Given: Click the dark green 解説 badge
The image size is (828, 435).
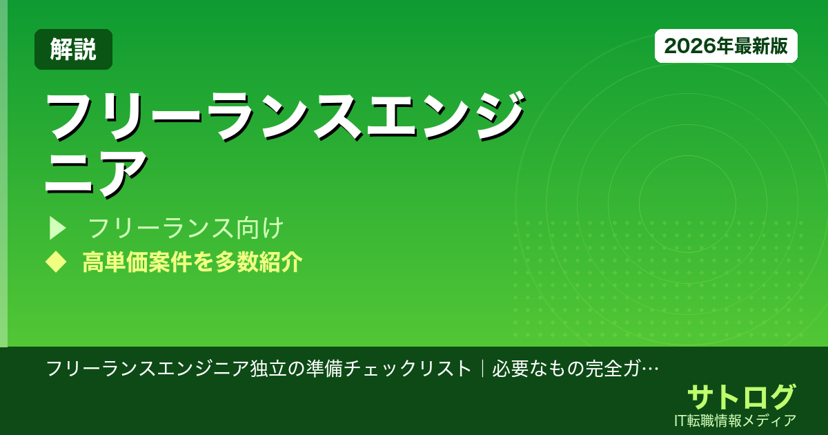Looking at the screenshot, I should coord(73,50).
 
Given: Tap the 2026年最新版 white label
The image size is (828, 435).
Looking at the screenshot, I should coord(726,46).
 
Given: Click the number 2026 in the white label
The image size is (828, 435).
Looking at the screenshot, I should coord(685,46).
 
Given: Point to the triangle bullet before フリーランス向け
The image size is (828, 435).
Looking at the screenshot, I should coord(57,227).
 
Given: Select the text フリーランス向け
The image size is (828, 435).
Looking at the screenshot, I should coord(186,227).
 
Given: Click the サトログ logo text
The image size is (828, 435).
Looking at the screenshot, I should coord(741,397).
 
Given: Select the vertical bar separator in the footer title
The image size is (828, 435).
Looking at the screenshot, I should coord(481,368).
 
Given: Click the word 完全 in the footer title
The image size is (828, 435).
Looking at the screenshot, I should coord(602,368).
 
